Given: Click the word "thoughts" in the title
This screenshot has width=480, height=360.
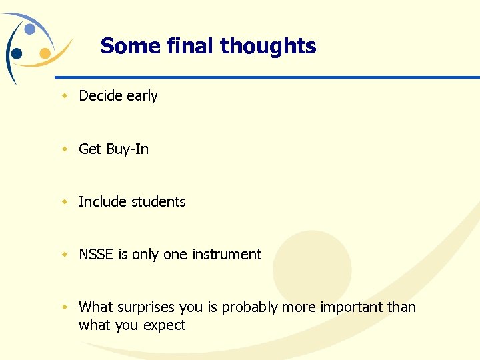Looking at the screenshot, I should click(x=268, y=46).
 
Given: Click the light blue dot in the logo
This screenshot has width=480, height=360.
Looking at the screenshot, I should click(x=30, y=29).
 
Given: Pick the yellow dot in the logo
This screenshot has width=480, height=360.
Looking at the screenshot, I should click(x=45, y=53).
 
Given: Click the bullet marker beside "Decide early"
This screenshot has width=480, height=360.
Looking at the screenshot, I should click(x=65, y=96).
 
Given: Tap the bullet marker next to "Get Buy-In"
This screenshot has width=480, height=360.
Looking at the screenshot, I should click(x=65, y=149).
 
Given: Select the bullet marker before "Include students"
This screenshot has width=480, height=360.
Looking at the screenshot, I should click(x=65, y=202).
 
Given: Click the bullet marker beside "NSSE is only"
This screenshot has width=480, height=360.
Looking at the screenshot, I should click(x=65, y=255).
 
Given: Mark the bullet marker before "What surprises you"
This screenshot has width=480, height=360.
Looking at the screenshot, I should click(x=65, y=307).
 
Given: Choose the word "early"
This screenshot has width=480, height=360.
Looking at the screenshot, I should click(x=142, y=96).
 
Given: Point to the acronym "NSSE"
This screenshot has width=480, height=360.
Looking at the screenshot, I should click(x=96, y=255).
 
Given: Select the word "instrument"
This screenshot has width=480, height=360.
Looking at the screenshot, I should click(x=227, y=255).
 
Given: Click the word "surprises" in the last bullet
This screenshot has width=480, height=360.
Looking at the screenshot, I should click(x=147, y=307).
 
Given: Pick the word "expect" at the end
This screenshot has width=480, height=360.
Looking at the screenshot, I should click(x=167, y=326).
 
